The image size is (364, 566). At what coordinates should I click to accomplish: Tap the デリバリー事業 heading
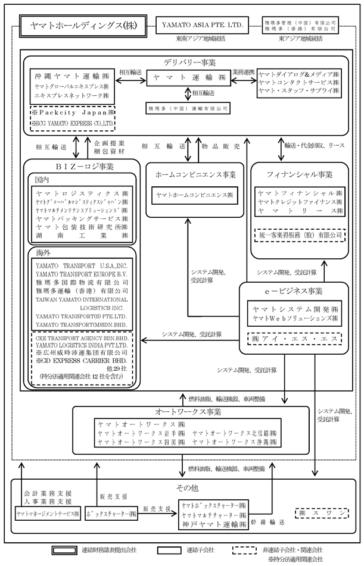coord(189,62)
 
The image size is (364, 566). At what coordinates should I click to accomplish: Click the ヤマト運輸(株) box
coord(188,77)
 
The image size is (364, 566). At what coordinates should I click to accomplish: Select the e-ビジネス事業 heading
coord(294,292)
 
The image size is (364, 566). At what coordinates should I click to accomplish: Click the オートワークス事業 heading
coord(188,412)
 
